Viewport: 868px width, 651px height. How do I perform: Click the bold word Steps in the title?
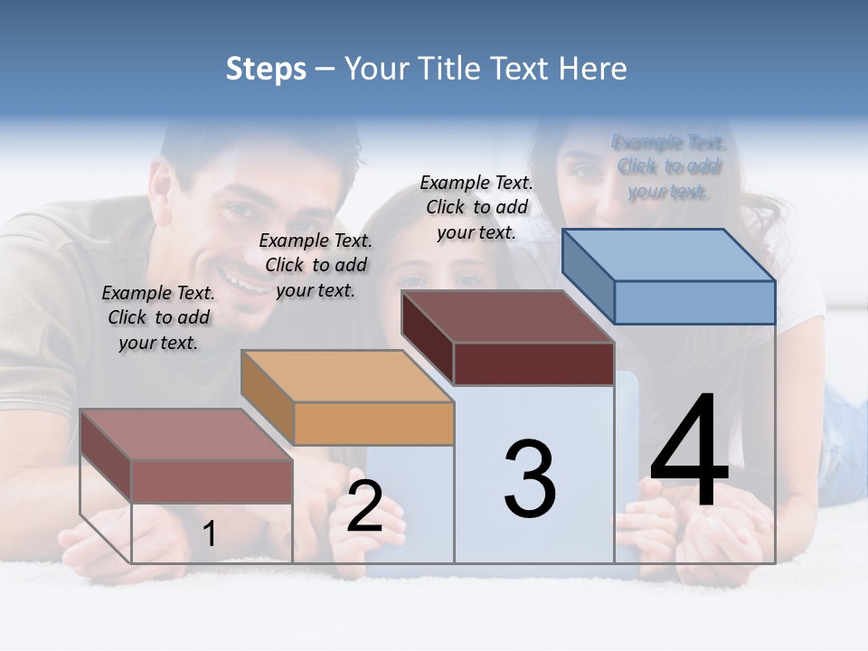(266, 70)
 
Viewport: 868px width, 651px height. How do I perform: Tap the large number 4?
(689, 452)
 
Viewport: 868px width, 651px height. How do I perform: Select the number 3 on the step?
(530, 478)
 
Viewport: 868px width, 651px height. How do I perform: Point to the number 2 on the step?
(364, 507)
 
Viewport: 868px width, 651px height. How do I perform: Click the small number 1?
(210, 534)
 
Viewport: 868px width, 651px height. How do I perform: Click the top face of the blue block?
(669, 254)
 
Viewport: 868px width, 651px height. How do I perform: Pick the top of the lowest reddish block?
(186, 435)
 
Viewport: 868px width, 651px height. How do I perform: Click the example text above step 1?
(158, 317)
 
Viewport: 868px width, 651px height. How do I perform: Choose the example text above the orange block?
(316, 265)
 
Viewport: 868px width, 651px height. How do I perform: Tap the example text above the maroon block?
(476, 207)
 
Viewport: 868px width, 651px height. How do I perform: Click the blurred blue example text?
(669, 166)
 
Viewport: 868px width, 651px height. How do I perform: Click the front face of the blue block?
(694, 302)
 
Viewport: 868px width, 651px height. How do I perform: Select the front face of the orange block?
(373, 423)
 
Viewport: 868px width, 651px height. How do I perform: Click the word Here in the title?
(594, 69)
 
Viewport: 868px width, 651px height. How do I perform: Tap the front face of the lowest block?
(212, 481)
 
